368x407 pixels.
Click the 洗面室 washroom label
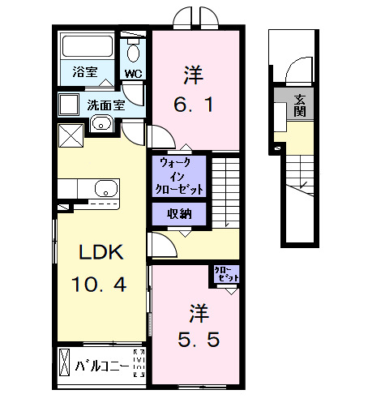pos(105,105)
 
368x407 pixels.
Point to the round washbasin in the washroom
pos(101,124)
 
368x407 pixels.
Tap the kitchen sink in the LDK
pos(105,189)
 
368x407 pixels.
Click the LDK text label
pos(100,253)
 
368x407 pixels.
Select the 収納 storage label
pos(180,214)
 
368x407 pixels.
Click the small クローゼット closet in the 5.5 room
pos(225,274)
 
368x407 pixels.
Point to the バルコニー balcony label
pos(101,366)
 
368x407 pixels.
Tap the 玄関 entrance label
pos(299,105)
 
